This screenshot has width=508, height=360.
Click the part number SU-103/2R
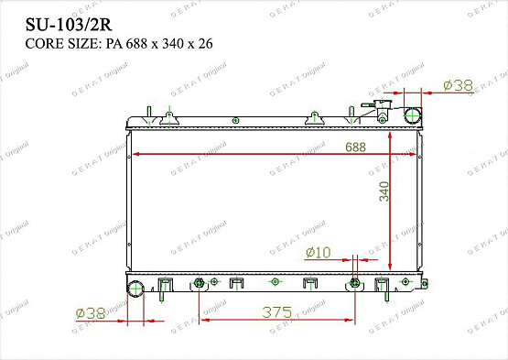(69, 25)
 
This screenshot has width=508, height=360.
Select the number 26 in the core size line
(205, 43)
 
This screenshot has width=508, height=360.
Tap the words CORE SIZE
(61, 43)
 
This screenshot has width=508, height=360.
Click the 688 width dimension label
(355, 147)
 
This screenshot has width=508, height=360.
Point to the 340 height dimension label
(384, 191)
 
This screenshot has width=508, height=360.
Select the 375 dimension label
(277, 312)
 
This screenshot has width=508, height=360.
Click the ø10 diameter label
(319, 252)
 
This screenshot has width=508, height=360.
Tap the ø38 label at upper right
(458, 85)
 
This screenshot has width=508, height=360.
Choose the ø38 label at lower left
(91, 313)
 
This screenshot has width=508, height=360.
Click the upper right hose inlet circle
(413, 115)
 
